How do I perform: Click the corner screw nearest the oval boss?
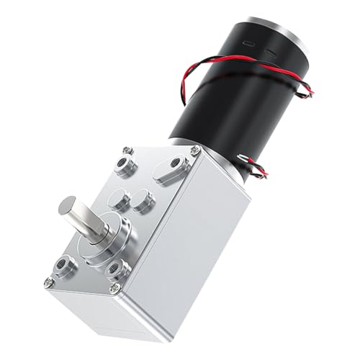coord(195,150)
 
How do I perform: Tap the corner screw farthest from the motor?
coord(49,282)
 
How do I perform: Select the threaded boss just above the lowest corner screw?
coord(117,270)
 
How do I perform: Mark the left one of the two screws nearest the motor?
coord(127,150)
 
